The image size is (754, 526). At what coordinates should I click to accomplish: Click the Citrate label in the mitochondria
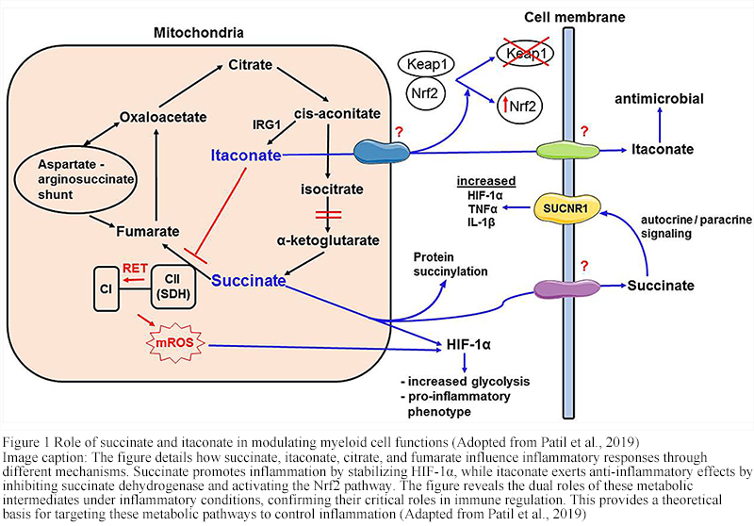[x=251, y=65]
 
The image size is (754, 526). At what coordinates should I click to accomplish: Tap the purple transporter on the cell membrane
[x=562, y=288]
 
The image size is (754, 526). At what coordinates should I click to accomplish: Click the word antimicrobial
[x=659, y=98]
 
